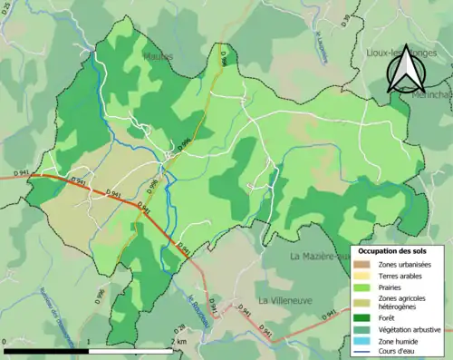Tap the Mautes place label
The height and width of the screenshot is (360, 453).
click(157, 56)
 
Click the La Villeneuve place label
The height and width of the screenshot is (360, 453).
click(285, 299)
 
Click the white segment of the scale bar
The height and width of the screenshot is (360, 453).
click(130, 350)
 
